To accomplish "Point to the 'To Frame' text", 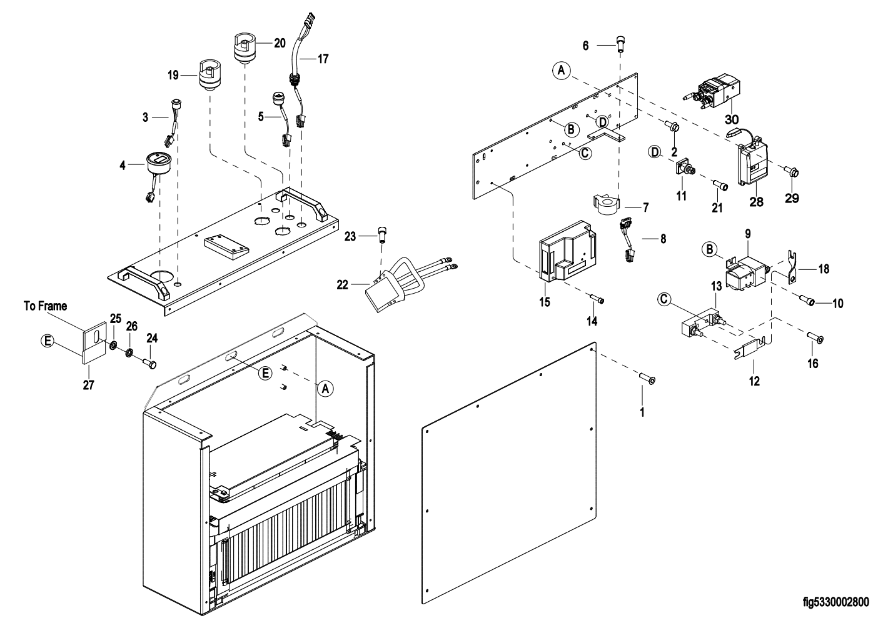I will tap(44, 306).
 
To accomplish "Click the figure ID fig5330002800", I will tap(835, 602).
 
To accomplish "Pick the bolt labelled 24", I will tap(149, 362).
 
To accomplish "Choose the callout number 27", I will tap(88, 386).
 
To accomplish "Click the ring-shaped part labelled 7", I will tap(605, 204).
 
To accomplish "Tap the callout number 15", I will tap(545, 302).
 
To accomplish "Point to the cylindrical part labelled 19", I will tap(209, 75).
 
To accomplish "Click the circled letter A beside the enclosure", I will tap(325, 388).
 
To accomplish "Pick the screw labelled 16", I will tap(816, 339).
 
